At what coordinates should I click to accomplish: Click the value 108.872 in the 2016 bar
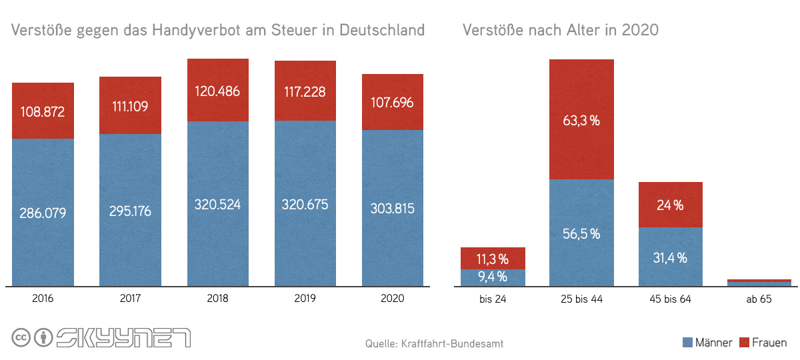click(43, 111)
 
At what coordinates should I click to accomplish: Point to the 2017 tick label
click(131, 299)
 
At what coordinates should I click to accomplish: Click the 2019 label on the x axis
click(305, 299)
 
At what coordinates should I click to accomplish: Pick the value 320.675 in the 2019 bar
click(305, 205)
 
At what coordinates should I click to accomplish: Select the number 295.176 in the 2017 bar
click(131, 211)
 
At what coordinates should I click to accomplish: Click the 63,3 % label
click(581, 121)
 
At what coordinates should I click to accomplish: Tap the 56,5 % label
click(581, 233)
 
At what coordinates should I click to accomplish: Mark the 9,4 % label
click(493, 276)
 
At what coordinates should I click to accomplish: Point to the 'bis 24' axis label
click(493, 299)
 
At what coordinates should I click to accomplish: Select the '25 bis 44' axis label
click(581, 299)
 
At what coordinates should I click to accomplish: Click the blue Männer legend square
click(687, 343)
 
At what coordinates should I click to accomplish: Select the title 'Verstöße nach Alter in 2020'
click(560, 31)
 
